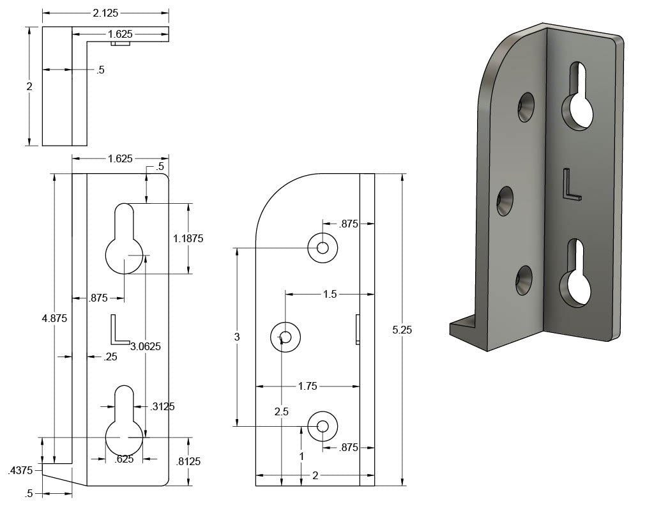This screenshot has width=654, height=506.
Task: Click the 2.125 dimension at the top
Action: tap(105, 13)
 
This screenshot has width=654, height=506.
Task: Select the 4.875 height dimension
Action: tap(54, 318)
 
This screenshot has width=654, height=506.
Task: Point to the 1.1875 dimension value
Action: tap(188, 238)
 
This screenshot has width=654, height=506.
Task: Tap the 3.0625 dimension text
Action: tap(146, 346)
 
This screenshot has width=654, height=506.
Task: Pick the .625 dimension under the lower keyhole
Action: tap(124, 458)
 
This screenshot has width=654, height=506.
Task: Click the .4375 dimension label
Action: tap(19, 471)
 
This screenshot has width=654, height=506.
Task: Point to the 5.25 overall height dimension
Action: tap(402, 330)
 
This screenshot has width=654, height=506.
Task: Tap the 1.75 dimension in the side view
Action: tap(308, 386)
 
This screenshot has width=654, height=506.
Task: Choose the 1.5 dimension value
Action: tap(330, 295)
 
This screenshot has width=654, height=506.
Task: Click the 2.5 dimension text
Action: tap(281, 411)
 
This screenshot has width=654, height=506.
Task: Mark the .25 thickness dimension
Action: tap(110, 356)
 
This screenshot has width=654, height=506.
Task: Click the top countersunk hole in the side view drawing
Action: tap(323, 247)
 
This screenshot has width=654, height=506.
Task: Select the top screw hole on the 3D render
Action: tap(526, 107)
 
